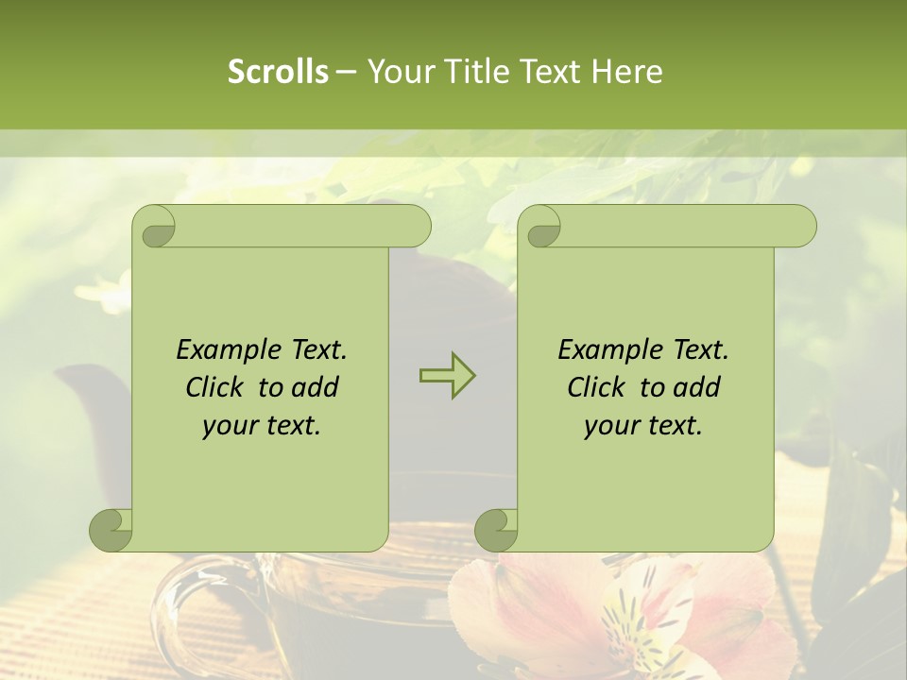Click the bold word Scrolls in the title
(x=278, y=71)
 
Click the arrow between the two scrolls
(x=447, y=376)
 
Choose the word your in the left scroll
(x=228, y=426)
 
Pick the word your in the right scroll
(x=609, y=426)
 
